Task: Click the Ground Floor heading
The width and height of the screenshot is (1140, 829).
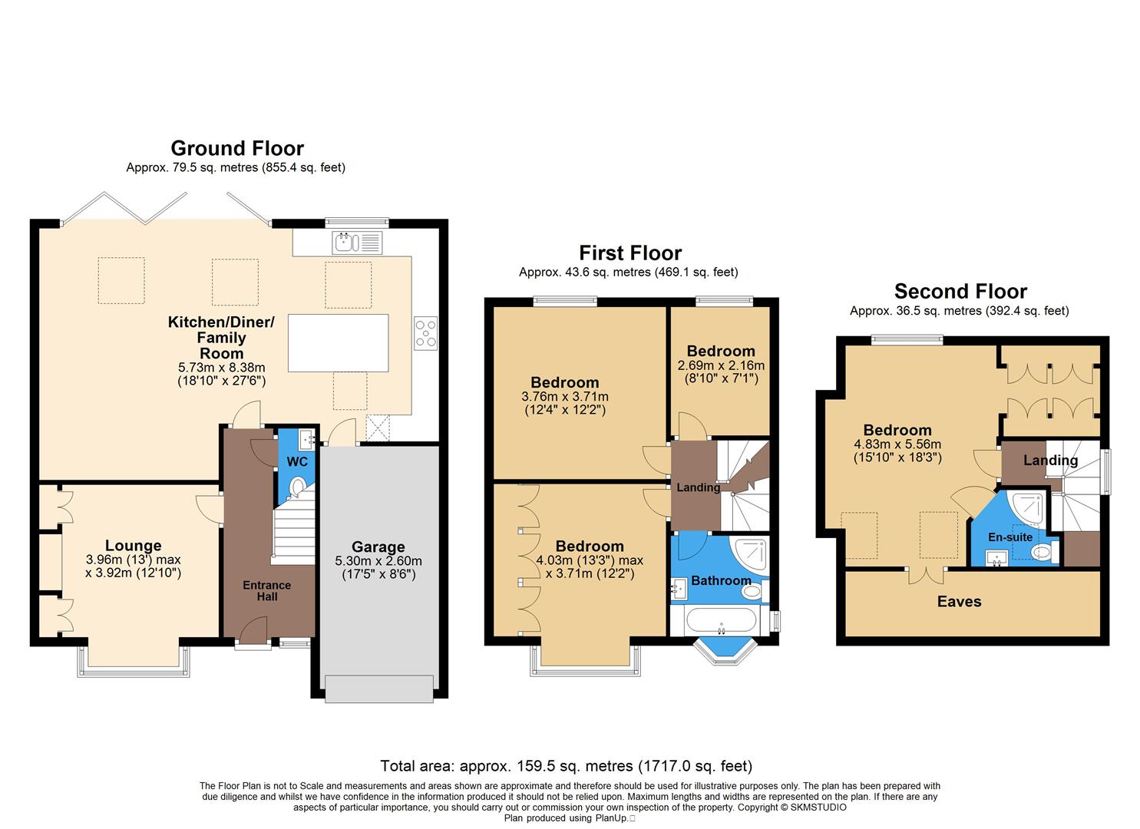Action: click(x=237, y=148)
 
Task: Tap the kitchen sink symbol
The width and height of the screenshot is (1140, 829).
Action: click(x=357, y=243)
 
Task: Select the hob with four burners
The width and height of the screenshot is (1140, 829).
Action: click(x=425, y=333)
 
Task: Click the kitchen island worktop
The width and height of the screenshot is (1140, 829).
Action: click(x=338, y=342)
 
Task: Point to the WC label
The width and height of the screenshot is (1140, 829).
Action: click(x=296, y=462)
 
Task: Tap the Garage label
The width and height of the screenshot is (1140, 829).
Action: click(x=378, y=547)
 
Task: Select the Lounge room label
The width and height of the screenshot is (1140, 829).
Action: click(x=134, y=546)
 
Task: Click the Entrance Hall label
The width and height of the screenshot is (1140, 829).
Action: click(x=267, y=590)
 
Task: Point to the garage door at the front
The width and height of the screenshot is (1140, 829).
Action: click(x=379, y=688)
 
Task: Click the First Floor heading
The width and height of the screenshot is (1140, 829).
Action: click(x=629, y=253)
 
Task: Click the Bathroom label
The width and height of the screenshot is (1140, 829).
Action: click(x=720, y=580)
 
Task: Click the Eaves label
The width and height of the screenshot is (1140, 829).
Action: click(x=959, y=601)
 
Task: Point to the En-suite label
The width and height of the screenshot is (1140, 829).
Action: click(x=1009, y=537)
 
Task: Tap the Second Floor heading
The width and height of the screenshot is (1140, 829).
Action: click(x=960, y=292)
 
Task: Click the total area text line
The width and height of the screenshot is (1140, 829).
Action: click(x=567, y=766)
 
